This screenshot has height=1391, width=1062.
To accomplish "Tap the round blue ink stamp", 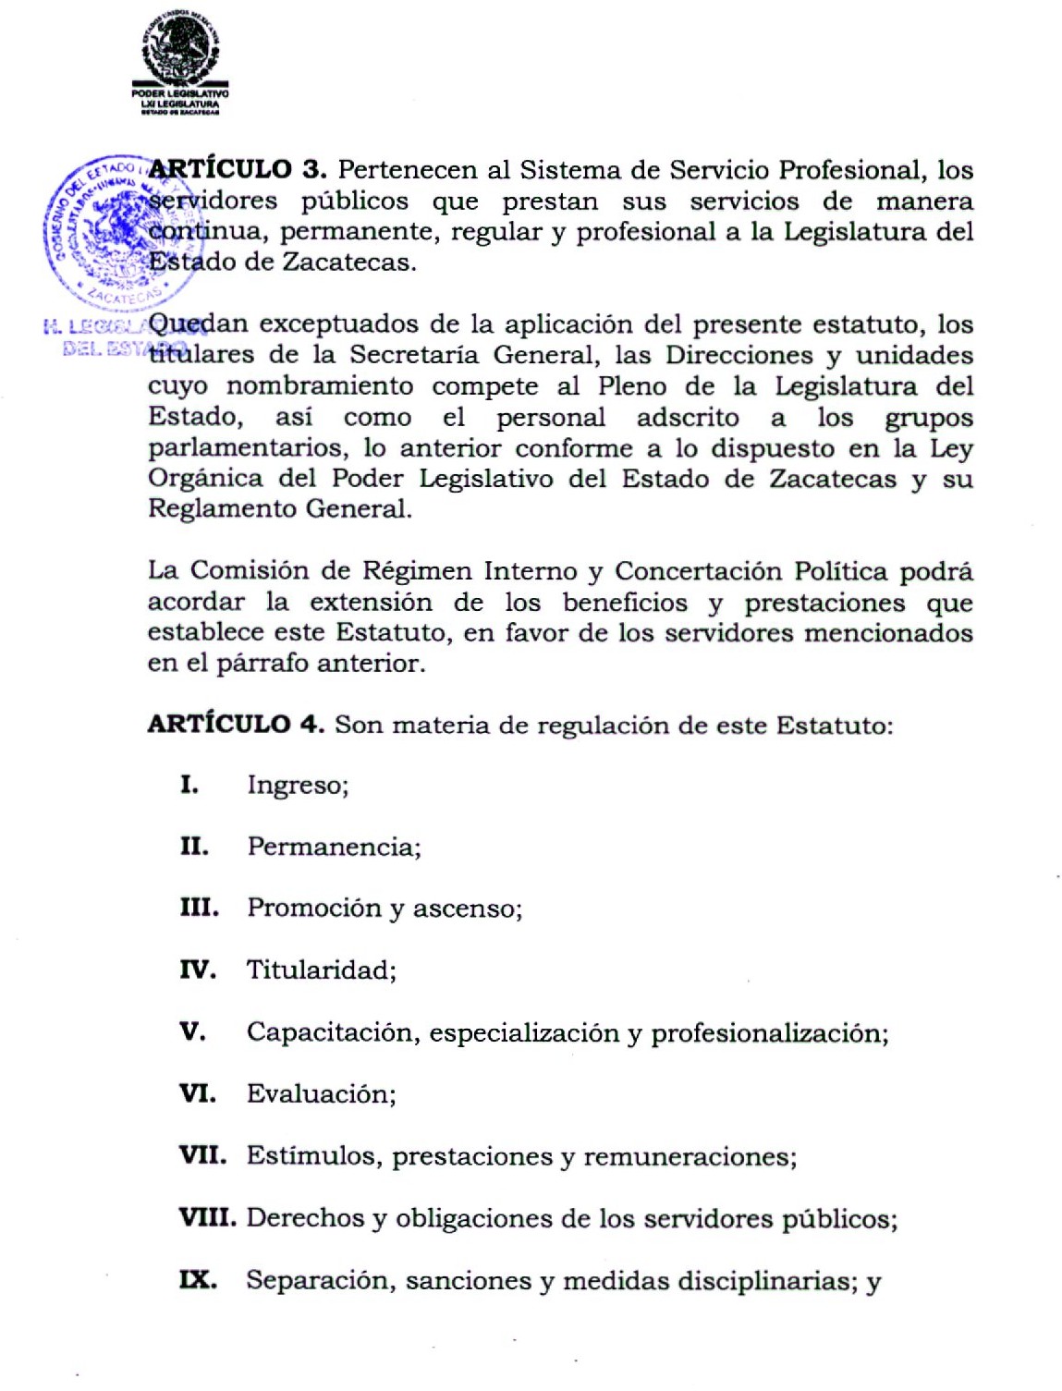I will point(104,229).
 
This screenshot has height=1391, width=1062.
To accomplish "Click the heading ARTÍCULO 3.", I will point(237,170).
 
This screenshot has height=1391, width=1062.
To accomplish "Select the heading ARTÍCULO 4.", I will point(235,724).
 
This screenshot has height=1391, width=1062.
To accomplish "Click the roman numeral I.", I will point(189,786).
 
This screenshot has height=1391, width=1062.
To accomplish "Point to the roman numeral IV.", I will point(197,970).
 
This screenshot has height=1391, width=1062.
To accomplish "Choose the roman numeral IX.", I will point(198,1280).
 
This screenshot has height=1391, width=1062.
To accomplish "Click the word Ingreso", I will point(297,787).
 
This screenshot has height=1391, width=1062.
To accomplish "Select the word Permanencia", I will point(333,848).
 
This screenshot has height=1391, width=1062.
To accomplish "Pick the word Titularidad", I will point(320,970).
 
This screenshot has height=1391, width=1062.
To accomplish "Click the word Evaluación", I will point(320,1094).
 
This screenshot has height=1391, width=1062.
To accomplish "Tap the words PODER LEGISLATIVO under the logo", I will point(180,94).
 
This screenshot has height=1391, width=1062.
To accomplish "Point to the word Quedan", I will point(198,324).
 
